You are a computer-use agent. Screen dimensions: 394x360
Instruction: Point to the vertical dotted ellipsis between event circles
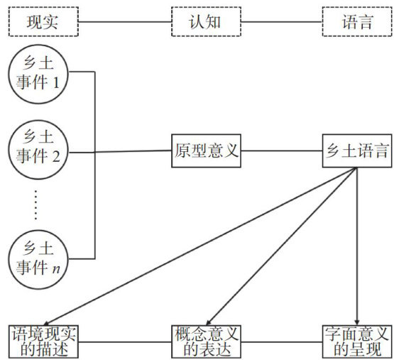35,204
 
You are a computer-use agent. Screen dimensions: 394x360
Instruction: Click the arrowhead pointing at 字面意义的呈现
357,322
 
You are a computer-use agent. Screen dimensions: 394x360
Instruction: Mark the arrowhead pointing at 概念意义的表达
209,322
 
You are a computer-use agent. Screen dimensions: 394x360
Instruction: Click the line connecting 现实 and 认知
125,21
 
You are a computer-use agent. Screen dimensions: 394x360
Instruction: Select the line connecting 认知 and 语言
282,21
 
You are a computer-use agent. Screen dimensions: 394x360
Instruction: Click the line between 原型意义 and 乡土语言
282,151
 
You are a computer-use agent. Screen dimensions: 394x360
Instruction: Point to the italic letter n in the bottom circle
56,269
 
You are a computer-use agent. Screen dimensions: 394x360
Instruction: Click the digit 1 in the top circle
56,82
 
